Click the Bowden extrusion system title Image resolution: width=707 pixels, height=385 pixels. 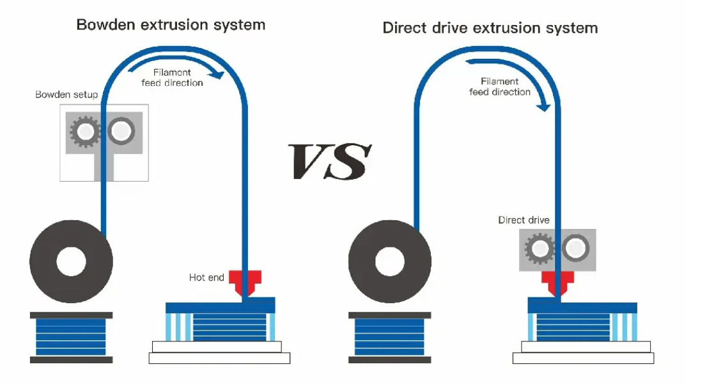(171, 26)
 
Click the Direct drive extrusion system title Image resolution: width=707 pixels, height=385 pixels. (490, 29)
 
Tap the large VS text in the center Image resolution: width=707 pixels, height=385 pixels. (330, 161)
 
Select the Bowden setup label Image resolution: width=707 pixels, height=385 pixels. (66, 95)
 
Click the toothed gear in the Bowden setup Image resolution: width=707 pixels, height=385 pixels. (84, 132)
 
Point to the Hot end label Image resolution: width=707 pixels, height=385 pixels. (206, 278)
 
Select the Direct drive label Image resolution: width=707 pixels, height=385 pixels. (524, 221)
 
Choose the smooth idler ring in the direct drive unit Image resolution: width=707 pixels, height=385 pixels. (575, 248)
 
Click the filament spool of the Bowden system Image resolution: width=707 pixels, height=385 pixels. (71, 262)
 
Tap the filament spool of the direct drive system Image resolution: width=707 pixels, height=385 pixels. (389, 262)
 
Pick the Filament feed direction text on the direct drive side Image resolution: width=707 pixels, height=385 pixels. (500, 86)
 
